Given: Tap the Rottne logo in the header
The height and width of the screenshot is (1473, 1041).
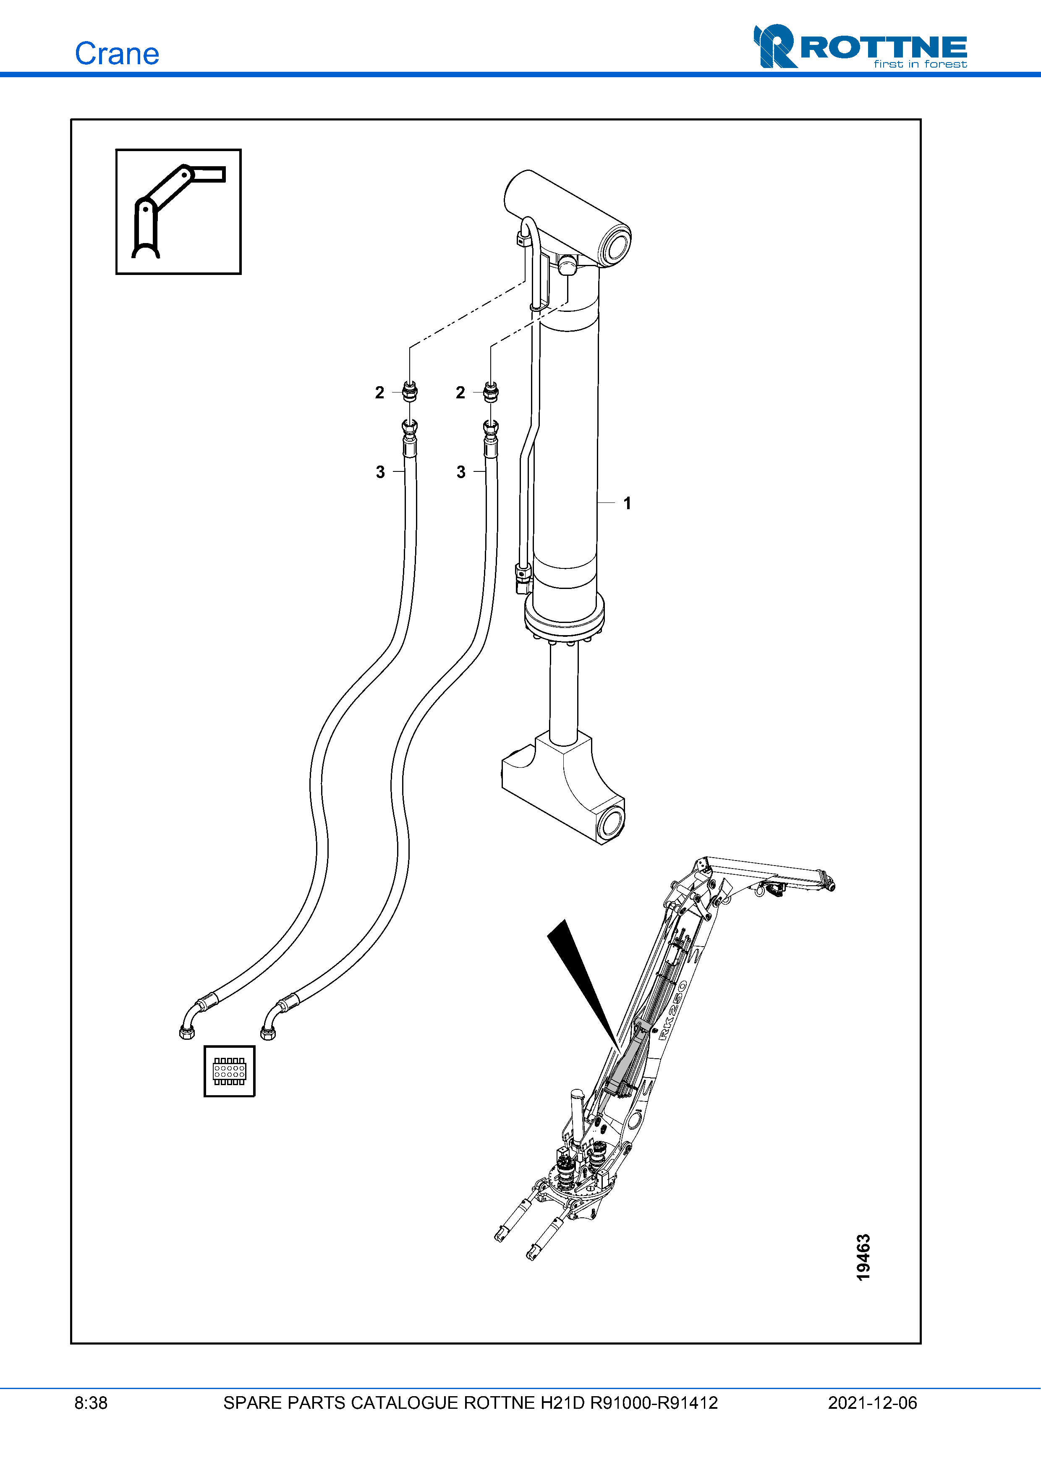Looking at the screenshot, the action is pos(860,46).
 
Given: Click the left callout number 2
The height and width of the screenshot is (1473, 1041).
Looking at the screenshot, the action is pos(380,392).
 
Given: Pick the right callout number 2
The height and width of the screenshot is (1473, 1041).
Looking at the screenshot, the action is pos(460,392).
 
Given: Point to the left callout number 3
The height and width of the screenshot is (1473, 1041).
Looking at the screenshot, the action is pos(380,472).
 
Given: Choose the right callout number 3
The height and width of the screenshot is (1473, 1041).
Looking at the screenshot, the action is pos(461,472).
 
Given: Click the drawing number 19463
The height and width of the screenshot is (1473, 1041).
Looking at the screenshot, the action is pos(863,1257).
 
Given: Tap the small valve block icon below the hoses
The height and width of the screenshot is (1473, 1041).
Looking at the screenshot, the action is pos(230,1071).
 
